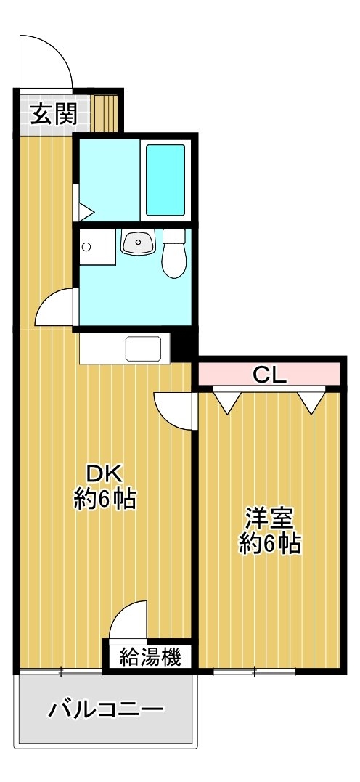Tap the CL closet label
point(270,374)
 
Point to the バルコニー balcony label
point(106,709)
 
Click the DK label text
point(105,473)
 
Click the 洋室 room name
point(269,518)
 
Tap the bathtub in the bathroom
point(165,180)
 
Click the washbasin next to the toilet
point(138,243)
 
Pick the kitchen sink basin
point(144,348)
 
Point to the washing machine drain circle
point(87,246)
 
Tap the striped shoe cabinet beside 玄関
point(105,113)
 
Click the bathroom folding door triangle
point(83,212)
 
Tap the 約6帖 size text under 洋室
point(269,544)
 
